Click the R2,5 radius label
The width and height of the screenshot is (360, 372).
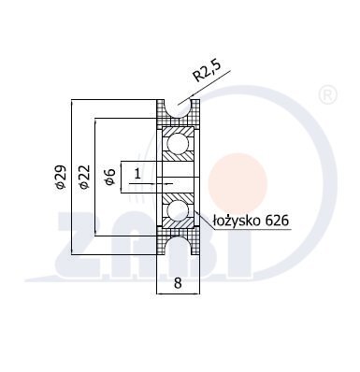pyautogui.click(x=207, y=71)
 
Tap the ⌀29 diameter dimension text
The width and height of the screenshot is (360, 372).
pyautogui.click(x=61, y=177)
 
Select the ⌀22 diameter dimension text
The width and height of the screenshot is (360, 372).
pyautogui.click(x=84, y=177)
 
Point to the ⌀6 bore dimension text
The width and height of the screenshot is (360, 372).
pyautogui.click(x=110, y=177)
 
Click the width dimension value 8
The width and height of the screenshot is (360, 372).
pyautogui.click(x=178, y=283)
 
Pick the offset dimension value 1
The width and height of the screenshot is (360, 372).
pyautogui.click(x=137, y=173)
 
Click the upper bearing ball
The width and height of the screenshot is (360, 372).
pyautogui.click(x=178, y=144)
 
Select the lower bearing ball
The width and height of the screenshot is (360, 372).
pyautogui.click(x=178, y=211)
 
